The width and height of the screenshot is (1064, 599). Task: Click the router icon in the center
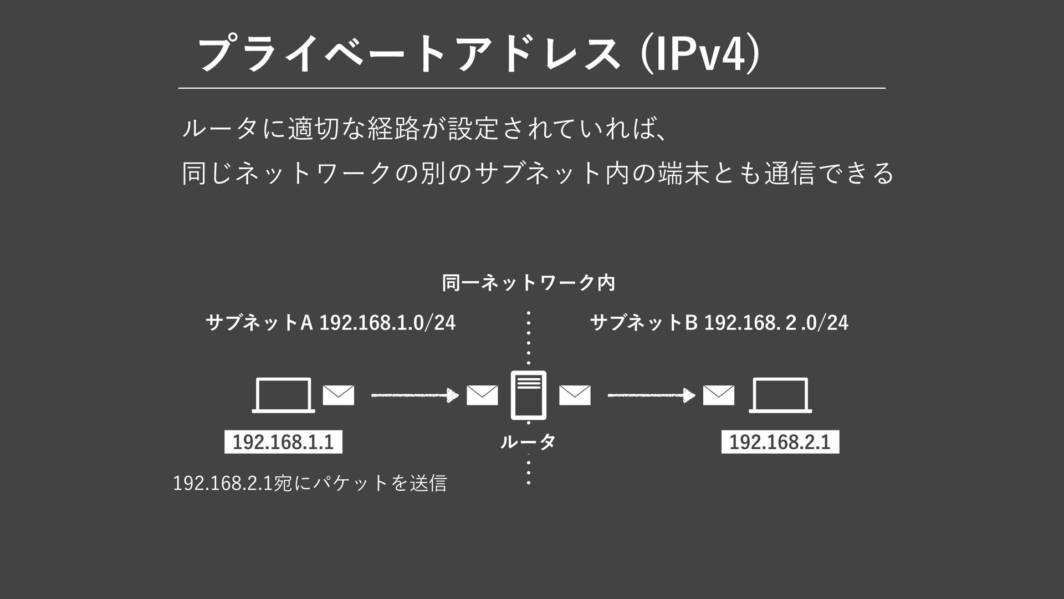[x=529, y=395]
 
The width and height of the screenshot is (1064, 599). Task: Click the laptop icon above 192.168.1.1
[x=283, y=395]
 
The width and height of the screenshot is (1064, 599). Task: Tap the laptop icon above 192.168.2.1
[x=780, y=395]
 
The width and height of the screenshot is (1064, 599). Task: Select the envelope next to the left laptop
[x=339, y=395]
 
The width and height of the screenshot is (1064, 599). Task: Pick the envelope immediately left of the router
[x=482, y=395]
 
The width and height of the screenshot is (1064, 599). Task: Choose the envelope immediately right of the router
[x=575, y=395]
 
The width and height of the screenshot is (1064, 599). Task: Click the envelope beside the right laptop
[x=719, y=395]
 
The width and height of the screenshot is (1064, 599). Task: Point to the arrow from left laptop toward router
[x=415, y=395]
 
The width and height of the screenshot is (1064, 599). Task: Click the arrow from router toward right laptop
[x=652, y=395]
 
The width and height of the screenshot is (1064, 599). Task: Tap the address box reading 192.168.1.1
[x=283, y=442]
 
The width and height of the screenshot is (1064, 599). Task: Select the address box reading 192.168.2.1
[x=780, y=442]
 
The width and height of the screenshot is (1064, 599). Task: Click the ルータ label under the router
[x=528, y=442]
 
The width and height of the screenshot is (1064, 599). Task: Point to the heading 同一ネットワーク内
[x=529, y=283]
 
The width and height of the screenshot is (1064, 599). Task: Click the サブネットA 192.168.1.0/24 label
[x=330, y=322]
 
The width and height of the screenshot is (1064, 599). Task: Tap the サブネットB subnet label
[x=719, y=322]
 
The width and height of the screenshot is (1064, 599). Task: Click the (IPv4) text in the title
[x=700, y=54]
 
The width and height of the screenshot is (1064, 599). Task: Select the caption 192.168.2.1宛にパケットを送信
[x=310, y=483]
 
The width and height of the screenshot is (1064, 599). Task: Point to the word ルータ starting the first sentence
[x=219, y=129]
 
